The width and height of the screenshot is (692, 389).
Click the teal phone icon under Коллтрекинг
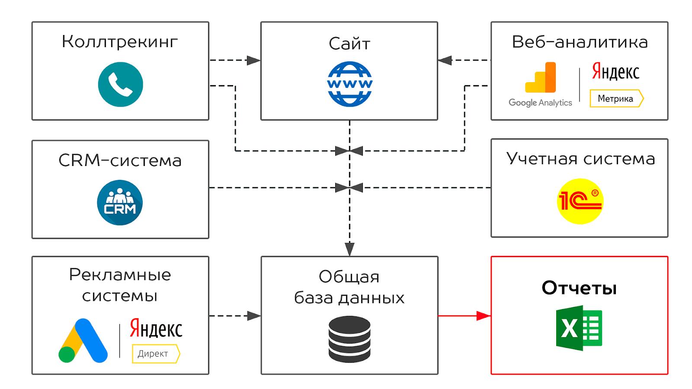pos(120,84)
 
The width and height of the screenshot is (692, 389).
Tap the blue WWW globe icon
pos(349,84)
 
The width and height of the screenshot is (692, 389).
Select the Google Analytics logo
pos(540,85)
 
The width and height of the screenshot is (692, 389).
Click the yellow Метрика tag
pos(616,99)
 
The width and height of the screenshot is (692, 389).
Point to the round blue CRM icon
pos(120,202)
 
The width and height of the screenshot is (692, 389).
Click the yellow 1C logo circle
pos(580,201)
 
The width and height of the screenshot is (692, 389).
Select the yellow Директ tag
pos(155,354)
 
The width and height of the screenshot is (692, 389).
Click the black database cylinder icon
pos(349,339)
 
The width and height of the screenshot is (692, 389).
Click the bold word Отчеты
pos(579,288)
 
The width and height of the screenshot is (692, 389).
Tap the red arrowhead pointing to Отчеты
pos(484,316)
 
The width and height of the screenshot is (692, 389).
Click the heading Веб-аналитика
pos(580,42)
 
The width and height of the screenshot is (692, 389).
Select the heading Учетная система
pos(580,159)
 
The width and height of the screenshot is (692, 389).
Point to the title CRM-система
pos(120,160)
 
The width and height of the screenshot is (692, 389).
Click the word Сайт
pos(349,44)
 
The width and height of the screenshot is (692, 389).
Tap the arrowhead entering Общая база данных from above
pos(349,249)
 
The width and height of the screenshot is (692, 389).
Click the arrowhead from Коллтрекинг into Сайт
pos(253,61)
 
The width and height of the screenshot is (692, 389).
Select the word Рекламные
pos(120,275)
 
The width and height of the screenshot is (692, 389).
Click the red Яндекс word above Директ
pos(156,330)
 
